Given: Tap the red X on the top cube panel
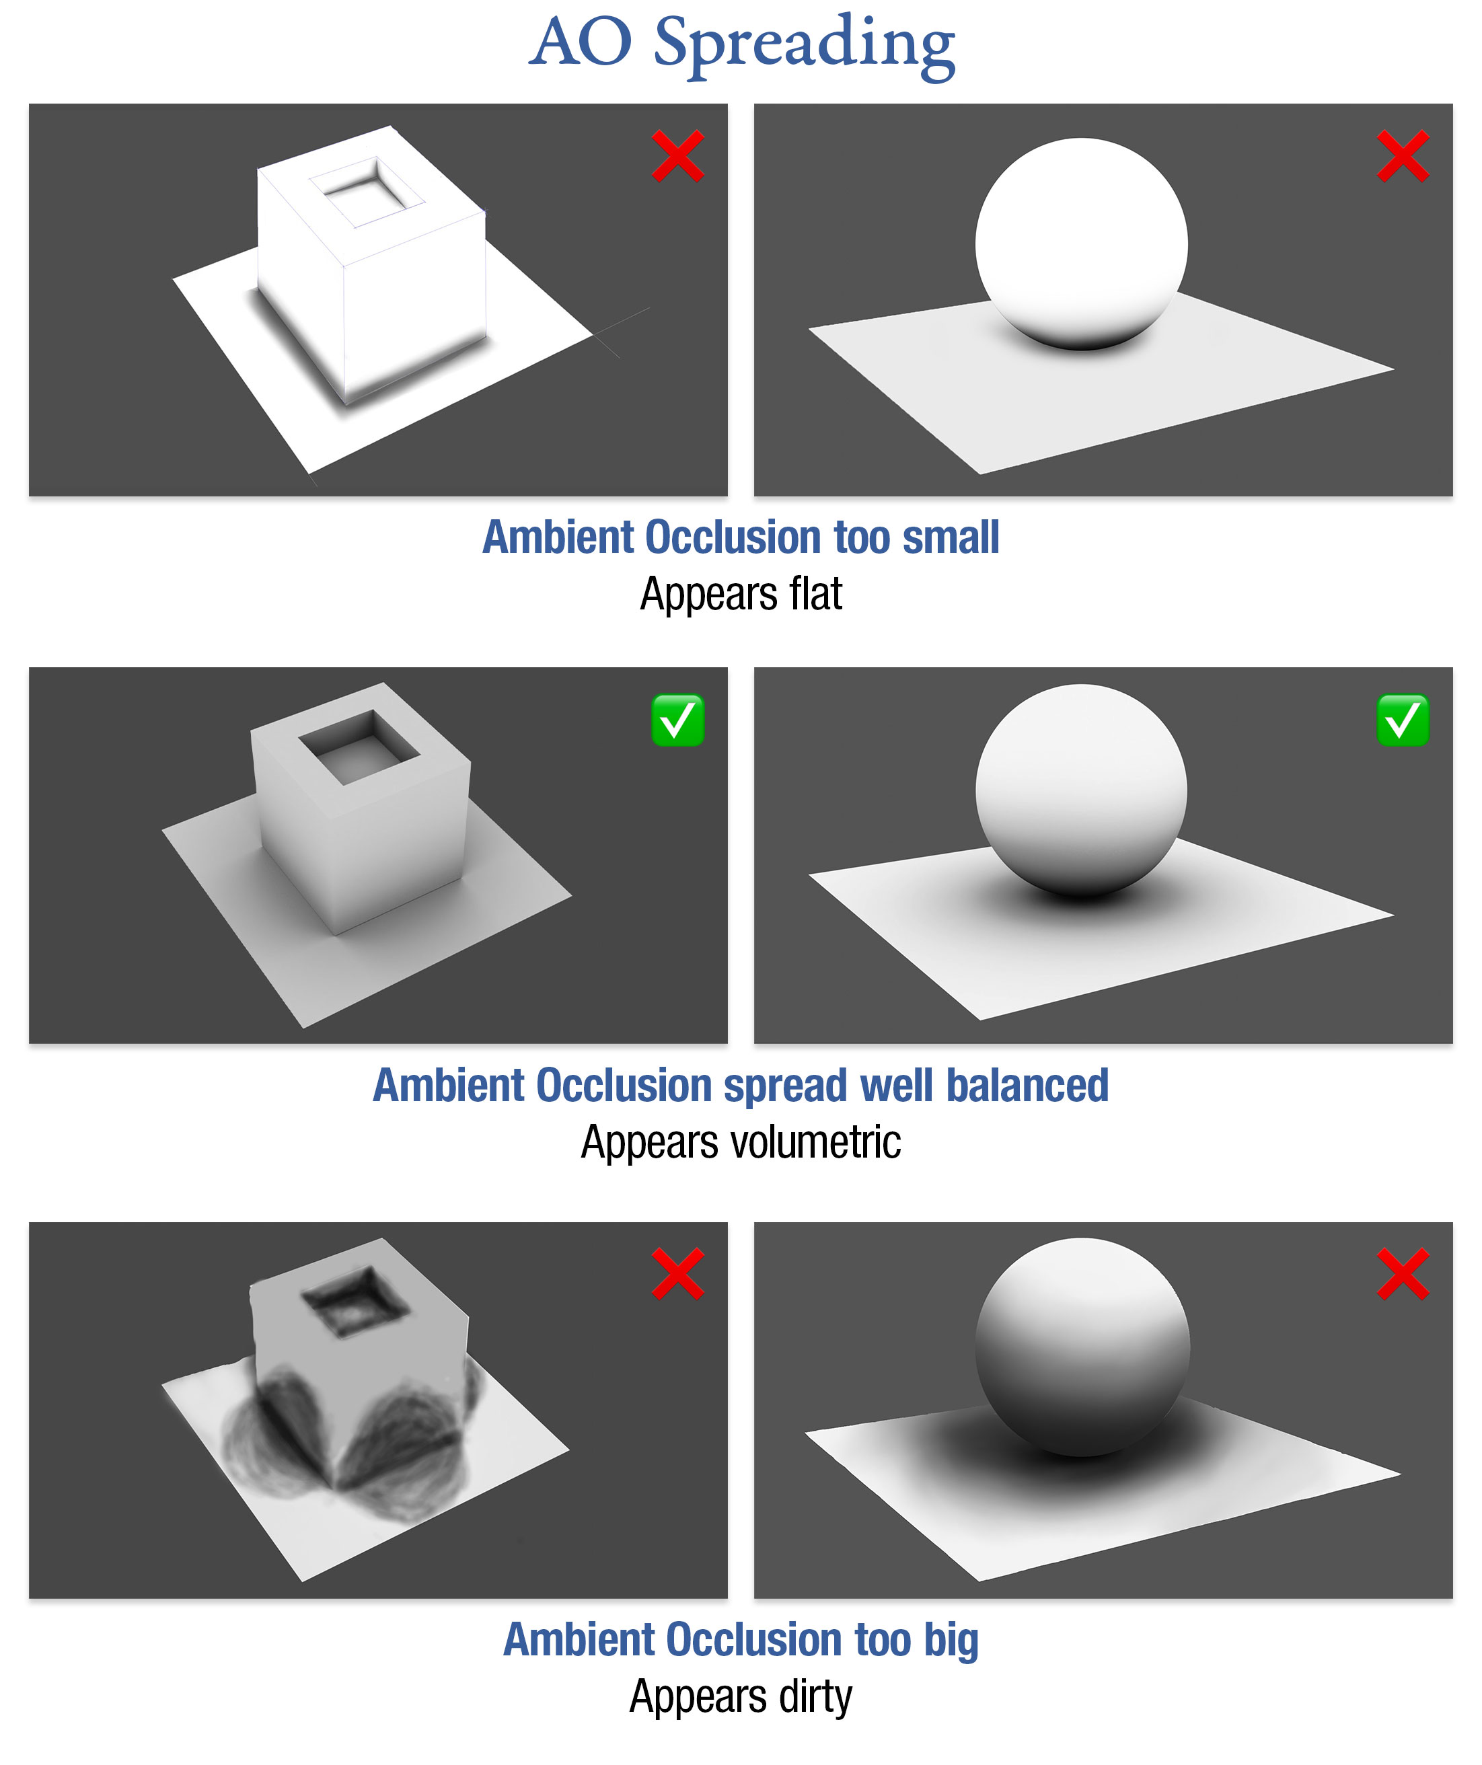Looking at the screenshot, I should pos(677,156).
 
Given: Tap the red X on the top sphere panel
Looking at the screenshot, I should pos(1403,156).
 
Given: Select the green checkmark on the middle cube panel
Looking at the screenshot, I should pos(677,720).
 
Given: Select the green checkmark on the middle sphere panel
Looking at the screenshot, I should pos(1403,720).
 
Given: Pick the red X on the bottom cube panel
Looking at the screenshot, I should pos(677,1274).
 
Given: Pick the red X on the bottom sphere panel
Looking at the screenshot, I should pos(1403,1274).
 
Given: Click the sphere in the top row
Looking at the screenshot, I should pos(1081,243).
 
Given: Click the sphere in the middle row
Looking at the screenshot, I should pos(1081,790).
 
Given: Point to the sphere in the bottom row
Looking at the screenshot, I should pos(1082,1347).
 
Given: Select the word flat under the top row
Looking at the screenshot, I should pos(815,594).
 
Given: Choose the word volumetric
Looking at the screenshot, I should pos(815,1142).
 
